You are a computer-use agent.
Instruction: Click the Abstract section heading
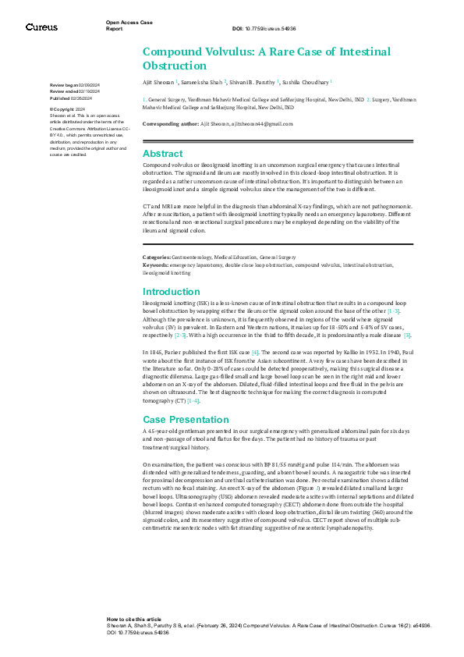pos(162,154)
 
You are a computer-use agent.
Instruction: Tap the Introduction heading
pos(172,292)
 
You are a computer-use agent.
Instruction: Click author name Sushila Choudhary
pos(305,81)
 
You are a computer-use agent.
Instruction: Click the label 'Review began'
pos(63,83)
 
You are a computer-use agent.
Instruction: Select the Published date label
pos(61,99)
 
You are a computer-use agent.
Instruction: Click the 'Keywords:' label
pos(157,265)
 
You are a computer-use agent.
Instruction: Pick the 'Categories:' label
pos(158,257)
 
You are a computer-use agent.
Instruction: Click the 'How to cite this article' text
pos(134,618)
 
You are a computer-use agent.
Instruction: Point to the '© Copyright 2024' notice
pos(68,109)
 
